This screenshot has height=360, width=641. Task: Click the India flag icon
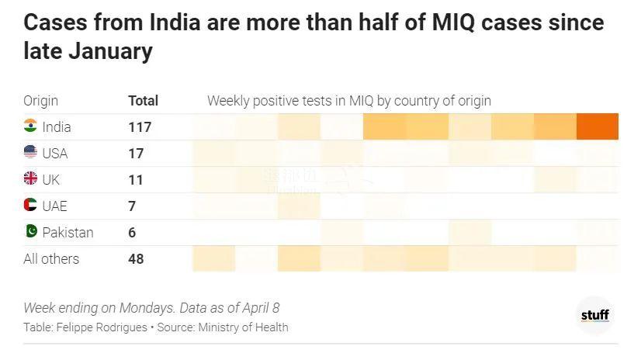[x=30, y=126]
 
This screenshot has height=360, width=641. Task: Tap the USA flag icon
[x=30, y=152]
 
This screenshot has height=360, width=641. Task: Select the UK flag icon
[x=30, y=178]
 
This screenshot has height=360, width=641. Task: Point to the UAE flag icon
[x=30, y=205]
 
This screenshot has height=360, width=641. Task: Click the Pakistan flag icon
[x=30, y=231]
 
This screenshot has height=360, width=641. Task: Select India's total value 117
[x=140, y=126]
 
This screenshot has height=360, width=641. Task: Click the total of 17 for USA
[x=136, y=153]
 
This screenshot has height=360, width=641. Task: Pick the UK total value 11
[x=136, y=179]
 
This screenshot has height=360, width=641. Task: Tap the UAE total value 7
[x=132, y=206]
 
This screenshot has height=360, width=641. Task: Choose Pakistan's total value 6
[x=132, y=232]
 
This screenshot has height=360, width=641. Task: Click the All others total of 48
[x=136, y=258]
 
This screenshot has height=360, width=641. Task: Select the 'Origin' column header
[x=40, y=101]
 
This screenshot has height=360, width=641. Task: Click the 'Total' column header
[x=143, y=101]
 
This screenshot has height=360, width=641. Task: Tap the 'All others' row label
[x=51, y=258]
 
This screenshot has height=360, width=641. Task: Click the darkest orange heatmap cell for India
[x=597, y=126]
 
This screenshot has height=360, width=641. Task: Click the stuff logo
[x=594, y=315]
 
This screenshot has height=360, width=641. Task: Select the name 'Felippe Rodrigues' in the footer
[x=102, y=327]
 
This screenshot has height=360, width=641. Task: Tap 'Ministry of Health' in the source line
[x=243, y=327]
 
